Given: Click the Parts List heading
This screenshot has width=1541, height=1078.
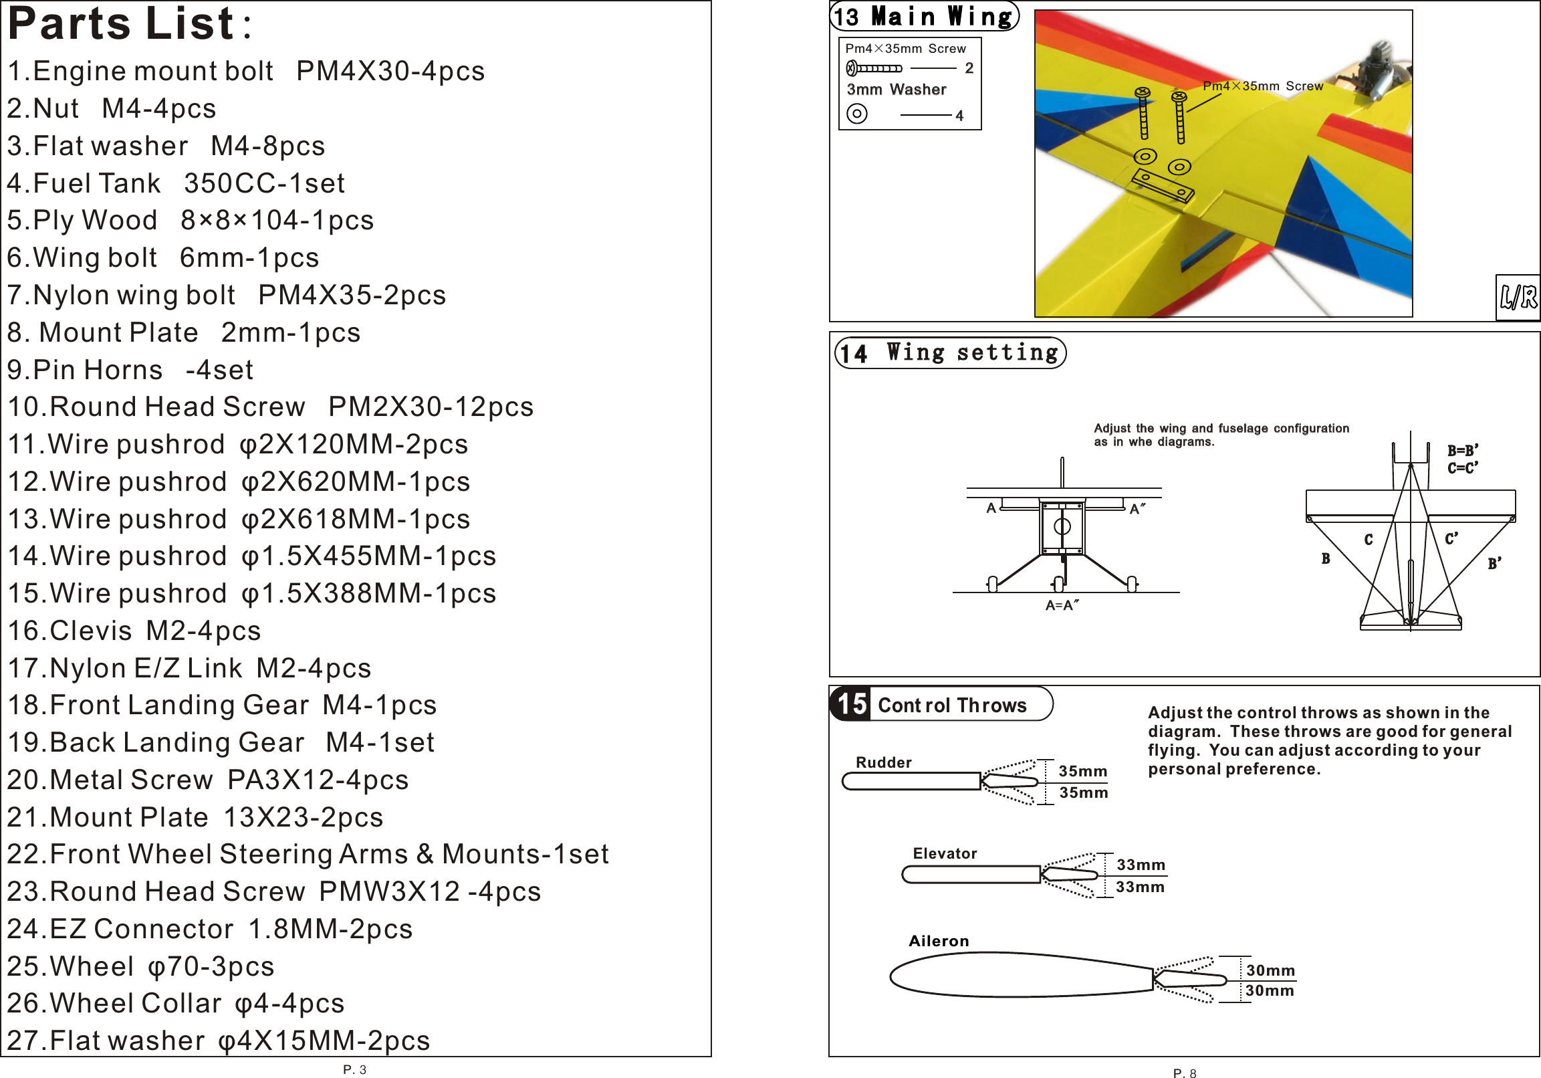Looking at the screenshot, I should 122,24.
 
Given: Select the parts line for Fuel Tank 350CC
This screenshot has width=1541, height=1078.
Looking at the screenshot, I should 176,183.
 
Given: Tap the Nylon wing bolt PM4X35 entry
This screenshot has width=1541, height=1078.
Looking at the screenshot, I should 226,296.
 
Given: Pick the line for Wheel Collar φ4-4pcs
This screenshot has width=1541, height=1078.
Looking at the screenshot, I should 175,1003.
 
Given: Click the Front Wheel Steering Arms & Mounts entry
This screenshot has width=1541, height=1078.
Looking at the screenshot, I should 308,854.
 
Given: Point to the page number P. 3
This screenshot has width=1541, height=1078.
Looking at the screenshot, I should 354,1069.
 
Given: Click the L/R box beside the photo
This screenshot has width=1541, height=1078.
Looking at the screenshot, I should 1518,297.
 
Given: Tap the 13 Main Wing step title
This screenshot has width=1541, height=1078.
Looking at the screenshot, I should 924,16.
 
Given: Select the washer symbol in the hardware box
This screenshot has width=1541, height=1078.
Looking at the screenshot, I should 856,114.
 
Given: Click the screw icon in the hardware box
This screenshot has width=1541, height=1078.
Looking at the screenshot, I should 874,68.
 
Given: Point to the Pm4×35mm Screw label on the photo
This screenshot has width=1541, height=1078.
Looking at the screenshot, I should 1262,86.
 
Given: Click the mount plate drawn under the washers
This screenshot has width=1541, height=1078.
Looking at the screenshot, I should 1163,185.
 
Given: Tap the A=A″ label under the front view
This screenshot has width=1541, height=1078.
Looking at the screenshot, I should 1062,605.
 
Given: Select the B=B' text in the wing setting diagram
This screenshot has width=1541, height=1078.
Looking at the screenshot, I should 1463,451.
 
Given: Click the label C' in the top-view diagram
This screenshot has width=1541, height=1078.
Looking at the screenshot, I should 1451,538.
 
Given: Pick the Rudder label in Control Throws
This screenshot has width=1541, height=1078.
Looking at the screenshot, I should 883,762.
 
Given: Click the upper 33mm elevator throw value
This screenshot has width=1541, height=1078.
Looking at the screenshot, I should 1141,865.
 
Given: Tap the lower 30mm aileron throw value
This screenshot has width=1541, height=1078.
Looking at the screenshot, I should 1269,990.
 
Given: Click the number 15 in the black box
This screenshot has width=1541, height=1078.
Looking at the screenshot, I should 852,704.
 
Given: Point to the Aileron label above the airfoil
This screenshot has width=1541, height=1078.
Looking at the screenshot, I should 938,941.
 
